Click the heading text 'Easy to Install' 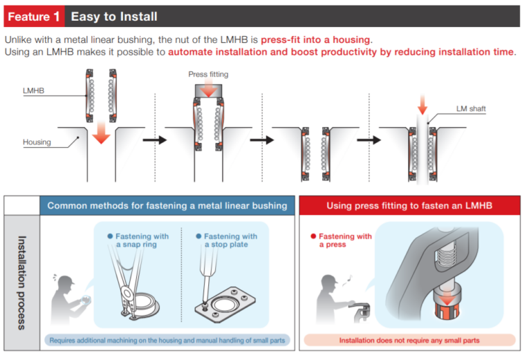114,16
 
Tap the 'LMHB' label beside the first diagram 35,90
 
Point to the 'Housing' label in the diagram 37,142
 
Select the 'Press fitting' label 208,74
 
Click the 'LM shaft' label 472,109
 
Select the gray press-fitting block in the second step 208,89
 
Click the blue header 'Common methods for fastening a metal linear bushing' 167,205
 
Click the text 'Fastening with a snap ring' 142,240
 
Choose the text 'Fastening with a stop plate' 230,240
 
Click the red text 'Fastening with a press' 344,240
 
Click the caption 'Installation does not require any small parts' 409,341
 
